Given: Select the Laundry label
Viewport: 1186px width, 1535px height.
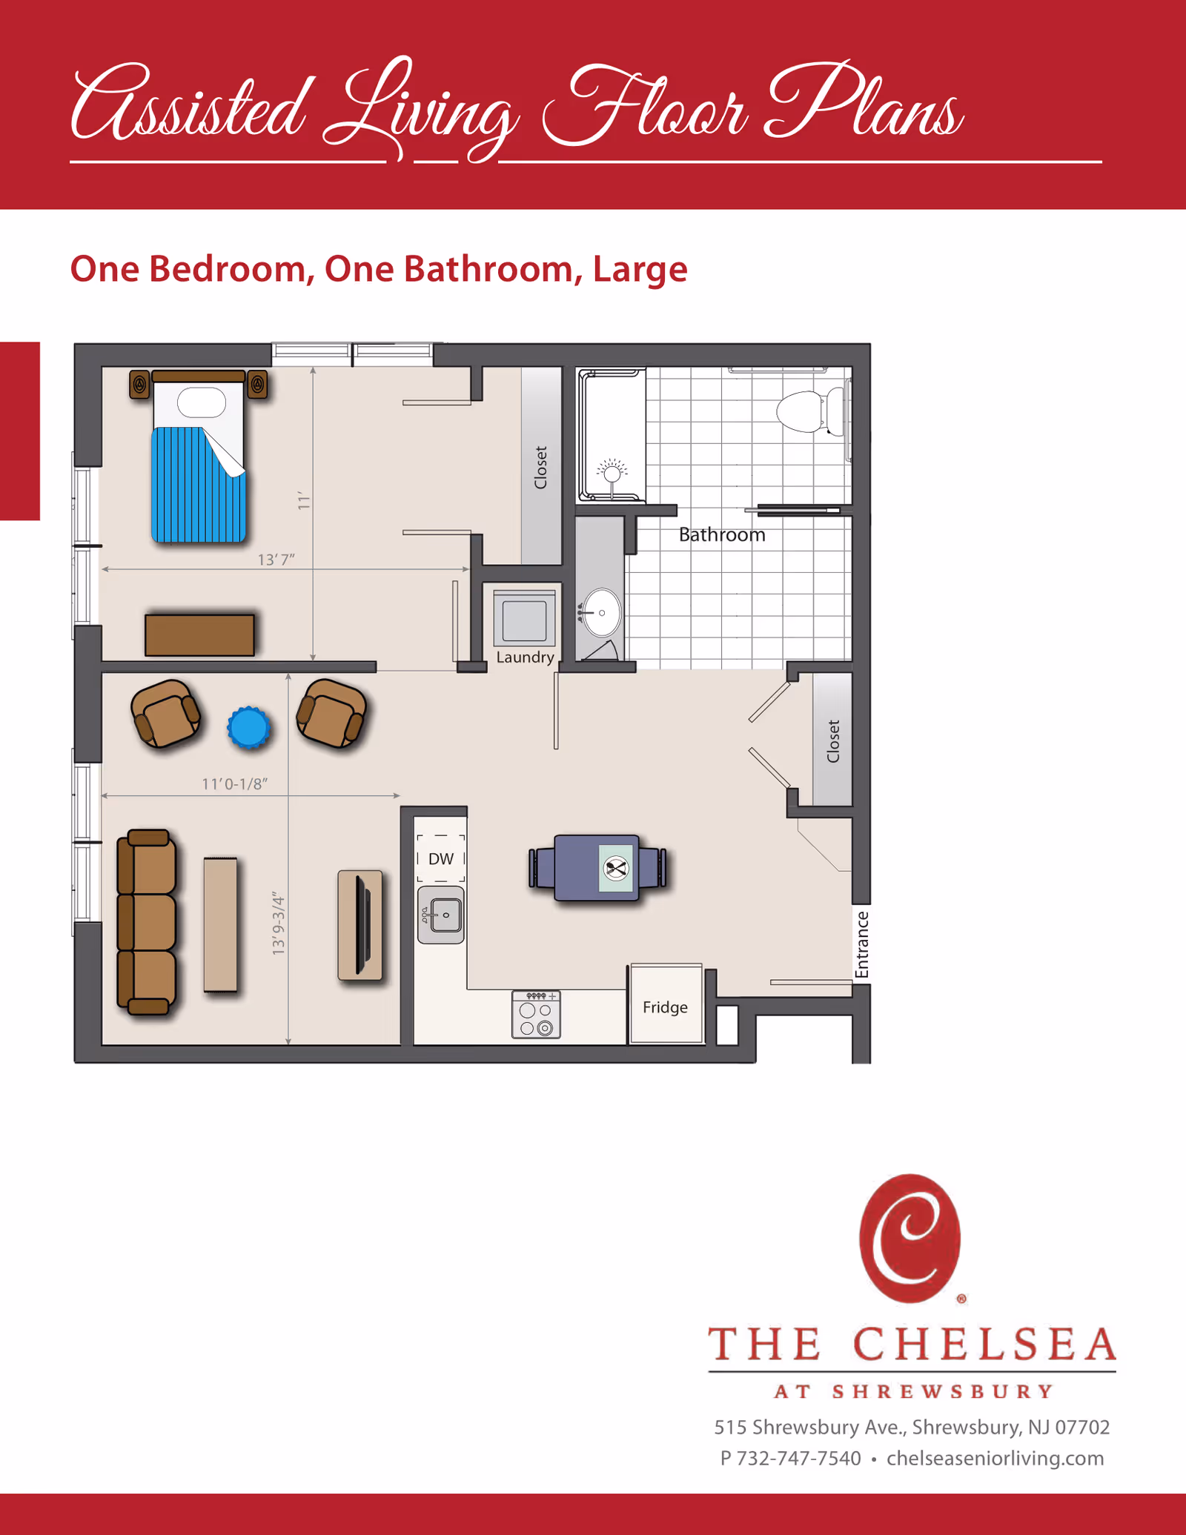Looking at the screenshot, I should tap(525, 657).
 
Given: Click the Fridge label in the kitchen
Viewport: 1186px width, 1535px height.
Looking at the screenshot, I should tap(665, 1007).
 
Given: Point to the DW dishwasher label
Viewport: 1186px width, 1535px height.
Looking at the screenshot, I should tap(441, 858).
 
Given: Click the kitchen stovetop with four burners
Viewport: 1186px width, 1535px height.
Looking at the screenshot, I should tap(536, 1015).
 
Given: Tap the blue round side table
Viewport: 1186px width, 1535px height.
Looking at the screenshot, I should tap(248, 727).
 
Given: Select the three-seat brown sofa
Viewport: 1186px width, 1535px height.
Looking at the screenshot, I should tap(148, 921).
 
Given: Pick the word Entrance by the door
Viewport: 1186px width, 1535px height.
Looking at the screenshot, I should tap(861, 944).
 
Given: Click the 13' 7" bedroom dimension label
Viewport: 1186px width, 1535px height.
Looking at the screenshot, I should tap(276, 560).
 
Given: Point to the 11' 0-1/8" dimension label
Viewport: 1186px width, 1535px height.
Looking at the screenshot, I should tap(234, 783).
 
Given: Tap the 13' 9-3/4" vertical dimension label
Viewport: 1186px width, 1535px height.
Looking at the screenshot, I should tap(278, 923).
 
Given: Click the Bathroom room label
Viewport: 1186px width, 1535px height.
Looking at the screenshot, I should tap(722, 535).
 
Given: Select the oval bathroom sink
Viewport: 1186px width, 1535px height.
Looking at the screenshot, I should tap(601, 613).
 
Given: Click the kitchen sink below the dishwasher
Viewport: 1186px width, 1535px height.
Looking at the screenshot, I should tap(441, 915).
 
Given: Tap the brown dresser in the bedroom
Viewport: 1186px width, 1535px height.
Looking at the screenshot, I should tap(199, 634).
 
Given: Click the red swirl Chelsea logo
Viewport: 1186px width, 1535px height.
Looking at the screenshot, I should tap(910, 1238).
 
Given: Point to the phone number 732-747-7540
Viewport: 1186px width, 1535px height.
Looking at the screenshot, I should tap(799, 1459).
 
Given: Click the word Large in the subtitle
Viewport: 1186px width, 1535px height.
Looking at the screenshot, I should tap(640, 269).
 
